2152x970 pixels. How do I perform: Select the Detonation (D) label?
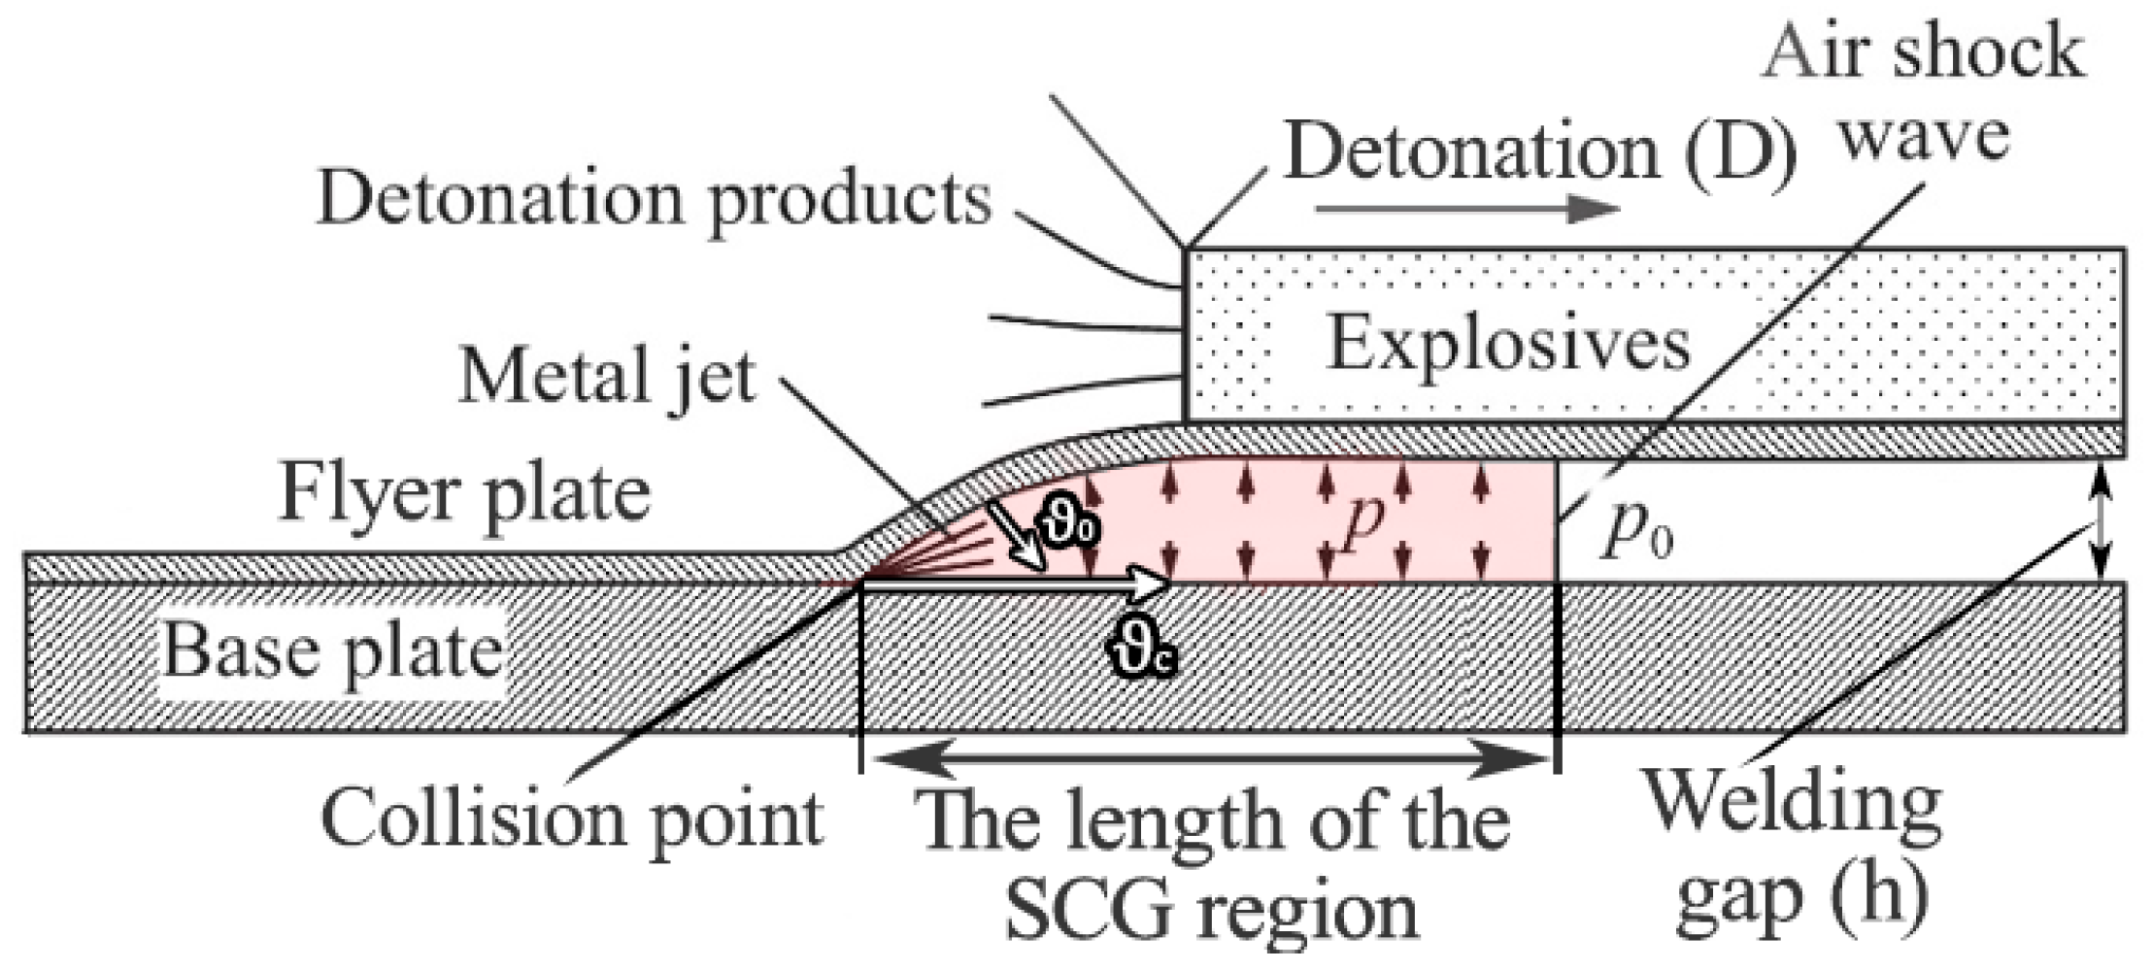[1539, 152]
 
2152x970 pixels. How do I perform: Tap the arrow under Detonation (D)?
[1467, 208]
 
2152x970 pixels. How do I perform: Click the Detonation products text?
[655, 199]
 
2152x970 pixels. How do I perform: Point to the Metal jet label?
[607, 377]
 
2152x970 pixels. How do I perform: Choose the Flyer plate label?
[464, 495]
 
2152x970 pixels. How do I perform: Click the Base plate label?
[332, 650]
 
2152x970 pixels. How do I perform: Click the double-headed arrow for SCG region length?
[1209, 761]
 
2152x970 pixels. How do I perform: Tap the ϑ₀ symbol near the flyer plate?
[1067, 527]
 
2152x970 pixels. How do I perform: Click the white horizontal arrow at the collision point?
[1016, 584]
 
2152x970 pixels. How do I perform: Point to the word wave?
[1924, 136]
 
